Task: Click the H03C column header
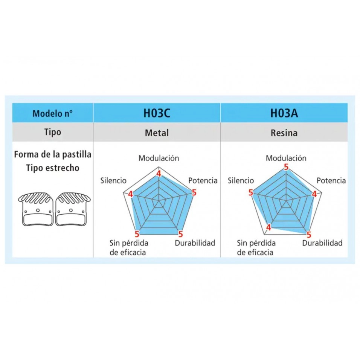point(157,113)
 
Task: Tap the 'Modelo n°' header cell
point(52,113)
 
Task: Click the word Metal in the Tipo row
point(157,133)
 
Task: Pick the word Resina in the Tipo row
point(284,133)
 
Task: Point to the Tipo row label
point(52,132)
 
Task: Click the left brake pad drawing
point(36,209)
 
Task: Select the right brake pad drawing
point(72,209)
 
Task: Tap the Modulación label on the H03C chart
point(159,158)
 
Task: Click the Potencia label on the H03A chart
point(331,180)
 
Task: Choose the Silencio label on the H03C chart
point(113,180)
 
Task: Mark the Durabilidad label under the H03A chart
point(322,243)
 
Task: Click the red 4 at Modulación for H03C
point(159,174)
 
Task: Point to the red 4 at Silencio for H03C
point(130,194)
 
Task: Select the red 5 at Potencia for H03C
point(194,193)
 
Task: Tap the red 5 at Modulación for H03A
point(286,167)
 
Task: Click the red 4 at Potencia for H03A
point(314,194)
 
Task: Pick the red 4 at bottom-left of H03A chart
point(268,227)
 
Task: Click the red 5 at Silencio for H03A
point(251,193)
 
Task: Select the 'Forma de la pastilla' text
point(52,155)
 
